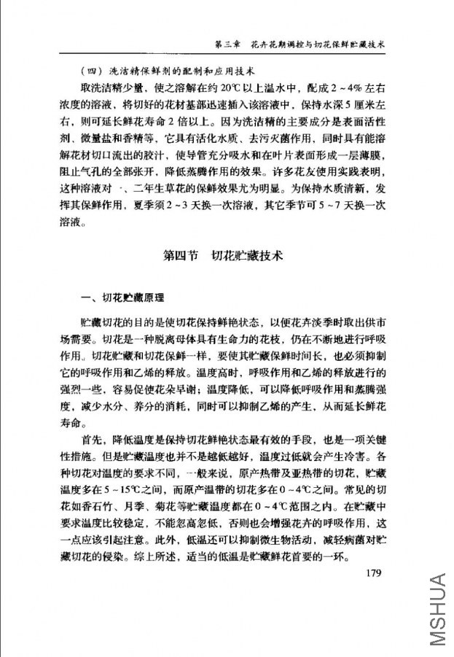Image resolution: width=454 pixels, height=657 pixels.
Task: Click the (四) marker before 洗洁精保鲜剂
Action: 93,71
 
